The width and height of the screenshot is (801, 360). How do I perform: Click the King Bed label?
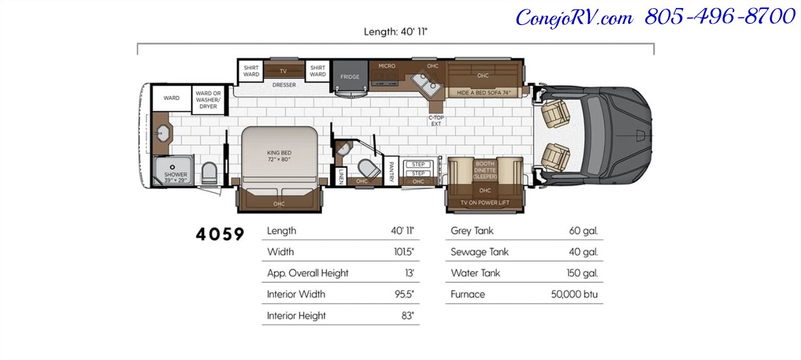pyautogui.click(x=279, y=156)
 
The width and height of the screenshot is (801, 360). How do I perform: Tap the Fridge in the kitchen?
pyautogui.click(x=350, y=76)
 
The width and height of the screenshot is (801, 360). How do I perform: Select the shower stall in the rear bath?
pyautogui.click(x=173, y=170)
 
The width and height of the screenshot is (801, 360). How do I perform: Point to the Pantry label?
pyautogui.click(x=391, y=172)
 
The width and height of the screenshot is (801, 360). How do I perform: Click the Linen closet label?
pyautogui.click(x=341, y=177)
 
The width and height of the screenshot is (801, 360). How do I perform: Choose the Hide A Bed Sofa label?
pyautogui.click(x=484, y=93)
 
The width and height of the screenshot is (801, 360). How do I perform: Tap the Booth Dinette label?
pyautogui.click(x=485, y=170)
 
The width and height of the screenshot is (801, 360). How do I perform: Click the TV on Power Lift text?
pyautogui.click(x=484, y=203)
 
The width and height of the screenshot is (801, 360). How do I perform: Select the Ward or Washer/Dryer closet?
pyautogui.click(x=208, y=100)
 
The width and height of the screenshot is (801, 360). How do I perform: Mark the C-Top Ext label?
pyautogui.click(x=436, y=121)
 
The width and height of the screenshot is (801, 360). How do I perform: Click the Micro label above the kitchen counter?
pyautogui.click(x=387, y=66)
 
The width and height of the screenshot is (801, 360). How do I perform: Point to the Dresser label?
pyautogui.click(x=284, y=85)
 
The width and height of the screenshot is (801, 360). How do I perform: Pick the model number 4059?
pyautogui.click(x=220, y=234)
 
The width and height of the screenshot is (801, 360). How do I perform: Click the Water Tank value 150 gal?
pyautogui.click(x=582, y=273)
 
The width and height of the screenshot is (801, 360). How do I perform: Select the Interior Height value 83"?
pyautogui.click(x=407, y=316)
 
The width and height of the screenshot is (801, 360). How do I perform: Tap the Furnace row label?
pyautogui.click(x=467, y=294)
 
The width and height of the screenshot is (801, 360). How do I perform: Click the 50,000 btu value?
pyautogui.click(x=574, y=294)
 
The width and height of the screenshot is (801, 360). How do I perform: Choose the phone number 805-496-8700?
pyautogui.click(x=720, y=17)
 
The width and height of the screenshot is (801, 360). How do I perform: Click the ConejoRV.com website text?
pyautogui.click(x=574, y=18)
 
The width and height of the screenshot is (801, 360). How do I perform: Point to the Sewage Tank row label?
pyautogui.click(x=479, y=252)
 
